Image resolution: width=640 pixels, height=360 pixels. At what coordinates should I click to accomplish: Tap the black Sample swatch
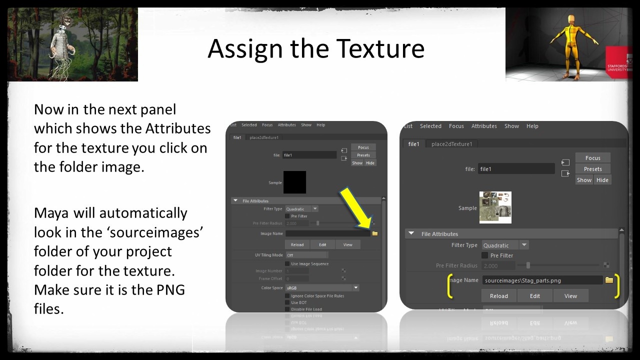294,182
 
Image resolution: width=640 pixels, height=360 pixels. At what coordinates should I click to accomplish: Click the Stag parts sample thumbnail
495,207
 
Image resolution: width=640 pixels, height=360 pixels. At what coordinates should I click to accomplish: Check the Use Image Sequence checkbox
287,263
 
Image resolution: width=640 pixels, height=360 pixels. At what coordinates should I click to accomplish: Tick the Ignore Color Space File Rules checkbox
287,295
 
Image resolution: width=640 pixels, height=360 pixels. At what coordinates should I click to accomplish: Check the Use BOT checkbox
287,302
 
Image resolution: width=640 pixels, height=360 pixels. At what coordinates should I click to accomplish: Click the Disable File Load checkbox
287,309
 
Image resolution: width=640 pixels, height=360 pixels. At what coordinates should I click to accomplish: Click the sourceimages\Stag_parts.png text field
542,280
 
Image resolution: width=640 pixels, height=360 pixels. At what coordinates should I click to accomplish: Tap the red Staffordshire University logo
617,62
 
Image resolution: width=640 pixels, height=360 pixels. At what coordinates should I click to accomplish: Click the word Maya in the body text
51,213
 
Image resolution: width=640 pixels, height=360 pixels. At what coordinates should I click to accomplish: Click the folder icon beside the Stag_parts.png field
609,280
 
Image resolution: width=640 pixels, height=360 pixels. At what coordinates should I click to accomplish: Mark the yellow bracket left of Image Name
449,284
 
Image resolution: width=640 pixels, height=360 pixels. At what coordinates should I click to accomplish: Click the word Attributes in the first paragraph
178,128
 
